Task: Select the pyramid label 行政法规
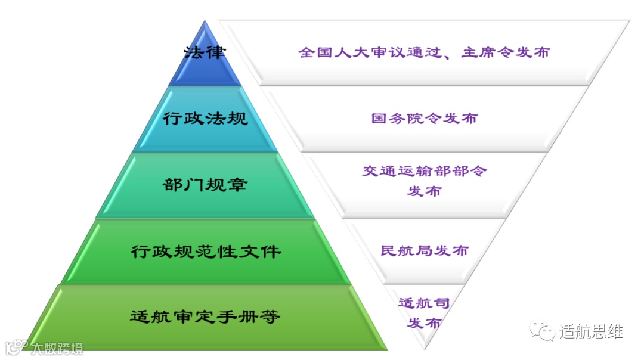pos(205,118)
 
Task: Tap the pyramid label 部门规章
pos(205,185)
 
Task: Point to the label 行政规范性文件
pos(205,251)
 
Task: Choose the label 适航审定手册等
pos(205,316)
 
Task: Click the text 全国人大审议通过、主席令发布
pos(424,52)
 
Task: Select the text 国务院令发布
pos(424,118)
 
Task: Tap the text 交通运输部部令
pos(425,172)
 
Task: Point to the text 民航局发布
pos(425,251)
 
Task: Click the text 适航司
pos(423,303)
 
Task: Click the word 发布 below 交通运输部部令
pos(425,191)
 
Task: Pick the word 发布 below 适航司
pos(424,323)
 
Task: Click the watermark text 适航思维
pos(591,331)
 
